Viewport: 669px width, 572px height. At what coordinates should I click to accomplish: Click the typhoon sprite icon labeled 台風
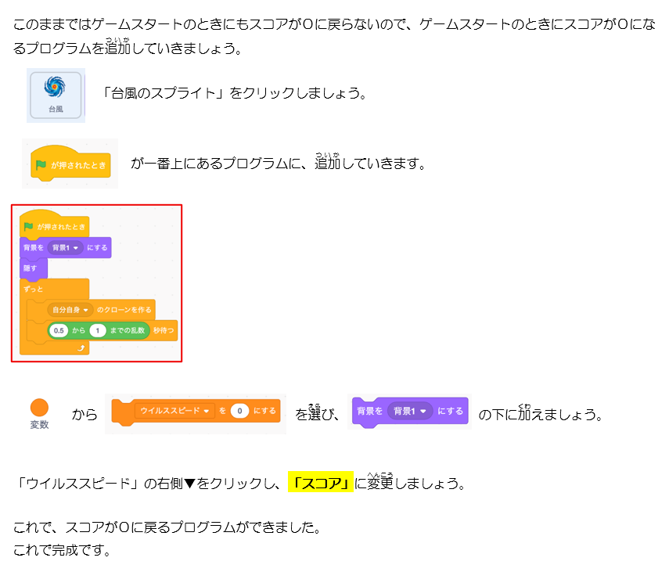tap(55, 94)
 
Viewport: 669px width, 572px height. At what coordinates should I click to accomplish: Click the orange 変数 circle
tap(39, 407)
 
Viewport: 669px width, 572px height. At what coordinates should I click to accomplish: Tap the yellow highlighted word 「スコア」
tap(321, 483)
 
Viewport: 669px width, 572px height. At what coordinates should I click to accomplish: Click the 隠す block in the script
tap(31, 268)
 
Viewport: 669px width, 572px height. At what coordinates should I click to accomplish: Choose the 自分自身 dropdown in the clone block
tap(70, 309)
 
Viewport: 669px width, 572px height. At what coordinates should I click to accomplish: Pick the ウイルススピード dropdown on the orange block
tap(174, 411)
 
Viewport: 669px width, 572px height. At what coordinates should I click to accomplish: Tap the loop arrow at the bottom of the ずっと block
tap(81, 348)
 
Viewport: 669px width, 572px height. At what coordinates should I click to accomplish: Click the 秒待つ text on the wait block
tap(164, 331)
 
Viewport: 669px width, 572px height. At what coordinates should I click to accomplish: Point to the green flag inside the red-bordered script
tap(29, 227)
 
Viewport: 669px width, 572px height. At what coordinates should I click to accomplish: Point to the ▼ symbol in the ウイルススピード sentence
tap(189, 484)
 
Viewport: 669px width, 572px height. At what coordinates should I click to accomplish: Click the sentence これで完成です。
tap(62, 550)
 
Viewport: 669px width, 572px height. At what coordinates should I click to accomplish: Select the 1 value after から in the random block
tap(97, 331)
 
